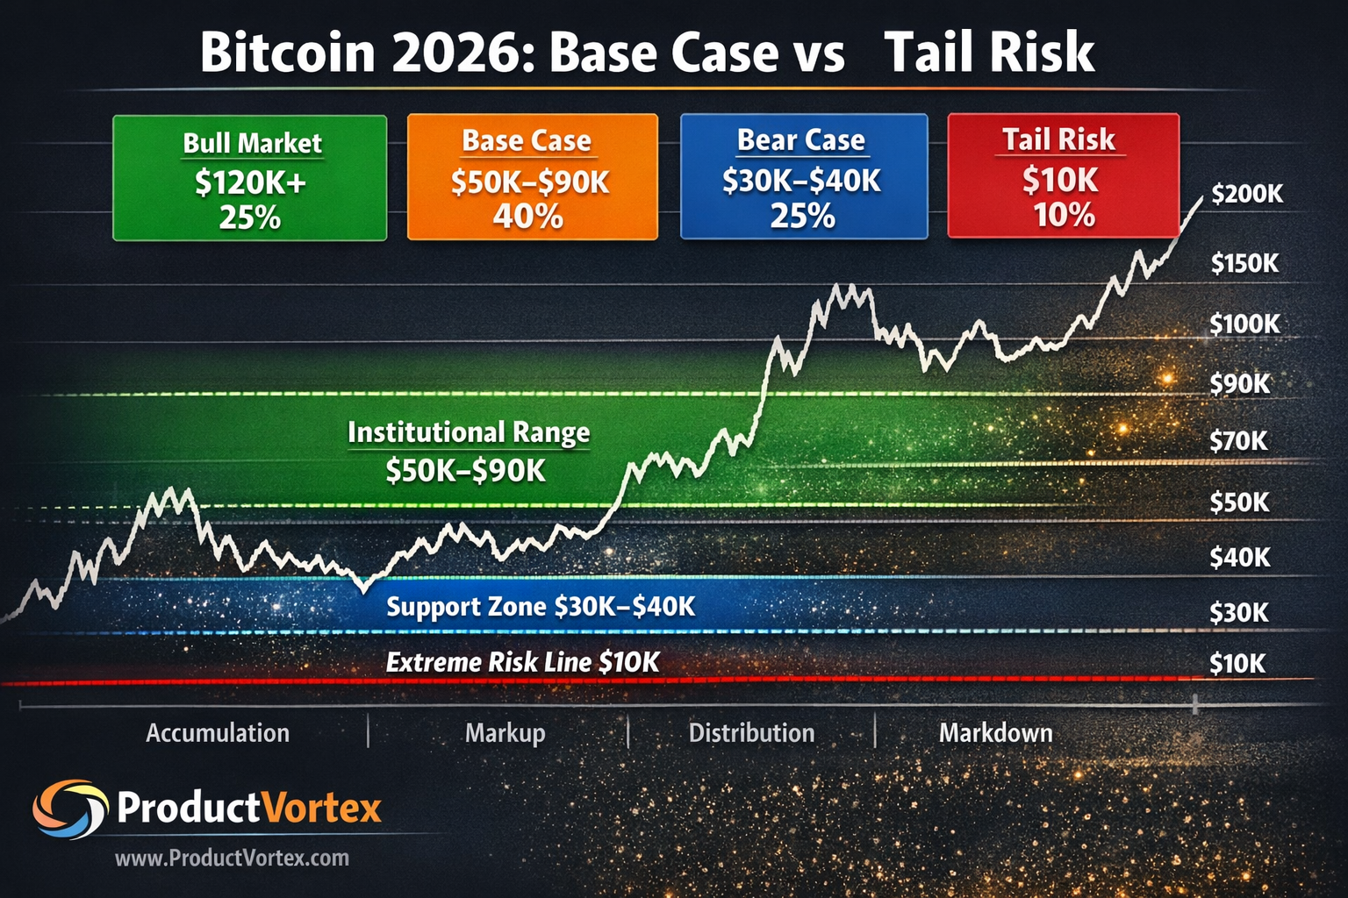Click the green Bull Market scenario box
click(250, 178)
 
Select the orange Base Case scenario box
click(532, 177)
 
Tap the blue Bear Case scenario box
click(803, 176)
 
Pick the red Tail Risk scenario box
click(1063, 175)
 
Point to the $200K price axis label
click(1246, 194)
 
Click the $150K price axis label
click(1244, 263)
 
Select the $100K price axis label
click(1244, 324)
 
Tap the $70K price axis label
click(1238, 441)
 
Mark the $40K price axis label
click(1239, 557)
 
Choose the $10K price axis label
click(1237, 664)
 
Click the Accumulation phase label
click(218, 733)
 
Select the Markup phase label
click(505, 733)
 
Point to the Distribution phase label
click(751, 733)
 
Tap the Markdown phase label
click(995, 733)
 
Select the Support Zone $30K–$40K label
click(541, 607)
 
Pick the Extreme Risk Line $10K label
click(522, 662)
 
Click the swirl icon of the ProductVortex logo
click(70, 809)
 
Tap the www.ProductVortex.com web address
click(232, 859)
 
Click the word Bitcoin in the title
click(287, 53)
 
